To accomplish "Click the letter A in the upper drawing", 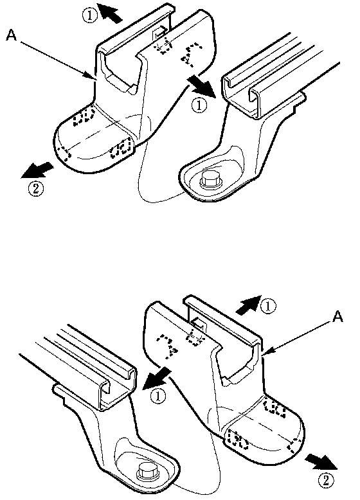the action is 11,35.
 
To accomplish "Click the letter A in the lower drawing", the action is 338,317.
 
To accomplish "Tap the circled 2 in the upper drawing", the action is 35,189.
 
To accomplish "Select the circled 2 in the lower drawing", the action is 325,481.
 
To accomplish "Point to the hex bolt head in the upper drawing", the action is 210,181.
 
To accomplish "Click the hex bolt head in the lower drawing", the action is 149,470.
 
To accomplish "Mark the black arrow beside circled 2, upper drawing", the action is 36,170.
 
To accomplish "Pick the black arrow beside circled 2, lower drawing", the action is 321,462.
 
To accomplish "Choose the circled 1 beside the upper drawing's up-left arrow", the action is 90,15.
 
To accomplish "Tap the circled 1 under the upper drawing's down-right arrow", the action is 200,105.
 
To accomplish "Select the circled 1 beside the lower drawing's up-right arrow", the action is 269,307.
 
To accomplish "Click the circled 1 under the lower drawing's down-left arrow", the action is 159,397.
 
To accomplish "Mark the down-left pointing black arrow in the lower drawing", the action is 156,377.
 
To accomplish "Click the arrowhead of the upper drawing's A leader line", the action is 91,76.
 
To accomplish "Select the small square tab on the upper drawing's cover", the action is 159,32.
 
